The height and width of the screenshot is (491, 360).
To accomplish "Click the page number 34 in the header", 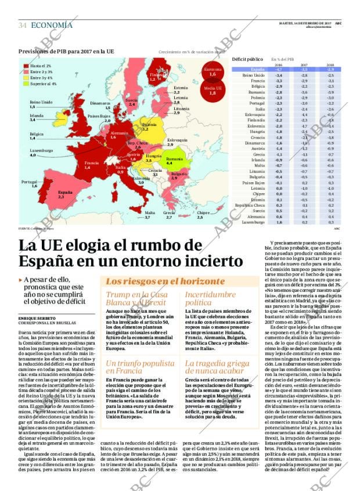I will click(23, 25).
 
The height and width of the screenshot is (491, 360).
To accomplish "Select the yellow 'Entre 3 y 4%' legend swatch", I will click(26, 77).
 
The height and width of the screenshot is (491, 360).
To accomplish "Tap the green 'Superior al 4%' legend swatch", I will click(26, 83).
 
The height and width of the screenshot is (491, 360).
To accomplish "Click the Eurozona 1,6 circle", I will click(213, 72).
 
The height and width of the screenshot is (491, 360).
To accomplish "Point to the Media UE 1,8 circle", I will click(213, 90).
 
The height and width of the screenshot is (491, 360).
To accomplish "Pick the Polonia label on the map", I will click(149, 126).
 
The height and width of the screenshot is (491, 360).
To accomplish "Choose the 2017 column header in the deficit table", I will click(304, 64).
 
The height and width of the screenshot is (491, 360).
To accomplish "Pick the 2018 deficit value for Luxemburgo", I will click(330, 222).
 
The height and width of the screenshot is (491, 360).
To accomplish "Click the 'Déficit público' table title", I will click(247, 59).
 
